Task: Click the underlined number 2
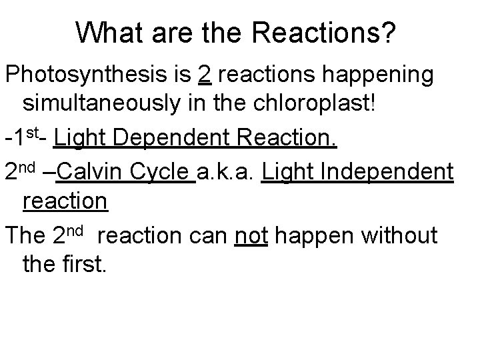tap(205, 76)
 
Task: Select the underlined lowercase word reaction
tap(65, 201)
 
